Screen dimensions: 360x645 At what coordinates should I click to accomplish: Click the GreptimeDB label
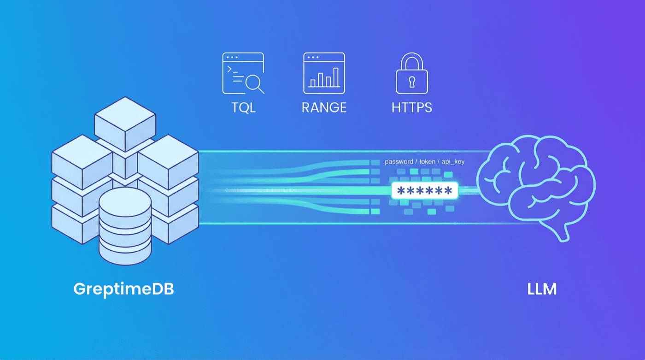click(123, 289)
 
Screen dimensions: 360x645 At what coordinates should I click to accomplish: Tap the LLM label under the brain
click(542, 289)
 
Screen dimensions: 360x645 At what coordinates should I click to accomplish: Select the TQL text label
click(244, 108)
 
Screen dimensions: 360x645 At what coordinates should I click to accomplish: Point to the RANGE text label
click(324, 108)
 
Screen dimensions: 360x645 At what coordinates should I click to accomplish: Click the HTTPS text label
click(412, 108)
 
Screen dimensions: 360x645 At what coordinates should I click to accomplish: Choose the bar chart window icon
click(324, 73)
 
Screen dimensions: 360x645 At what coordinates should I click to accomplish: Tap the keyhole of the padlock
click(412, 81)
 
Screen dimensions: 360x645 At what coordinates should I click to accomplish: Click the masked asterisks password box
click(424, 190)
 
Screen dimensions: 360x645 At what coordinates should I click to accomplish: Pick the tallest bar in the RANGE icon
click(336, 77)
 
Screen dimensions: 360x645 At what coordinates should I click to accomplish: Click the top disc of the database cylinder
click(125, 203)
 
